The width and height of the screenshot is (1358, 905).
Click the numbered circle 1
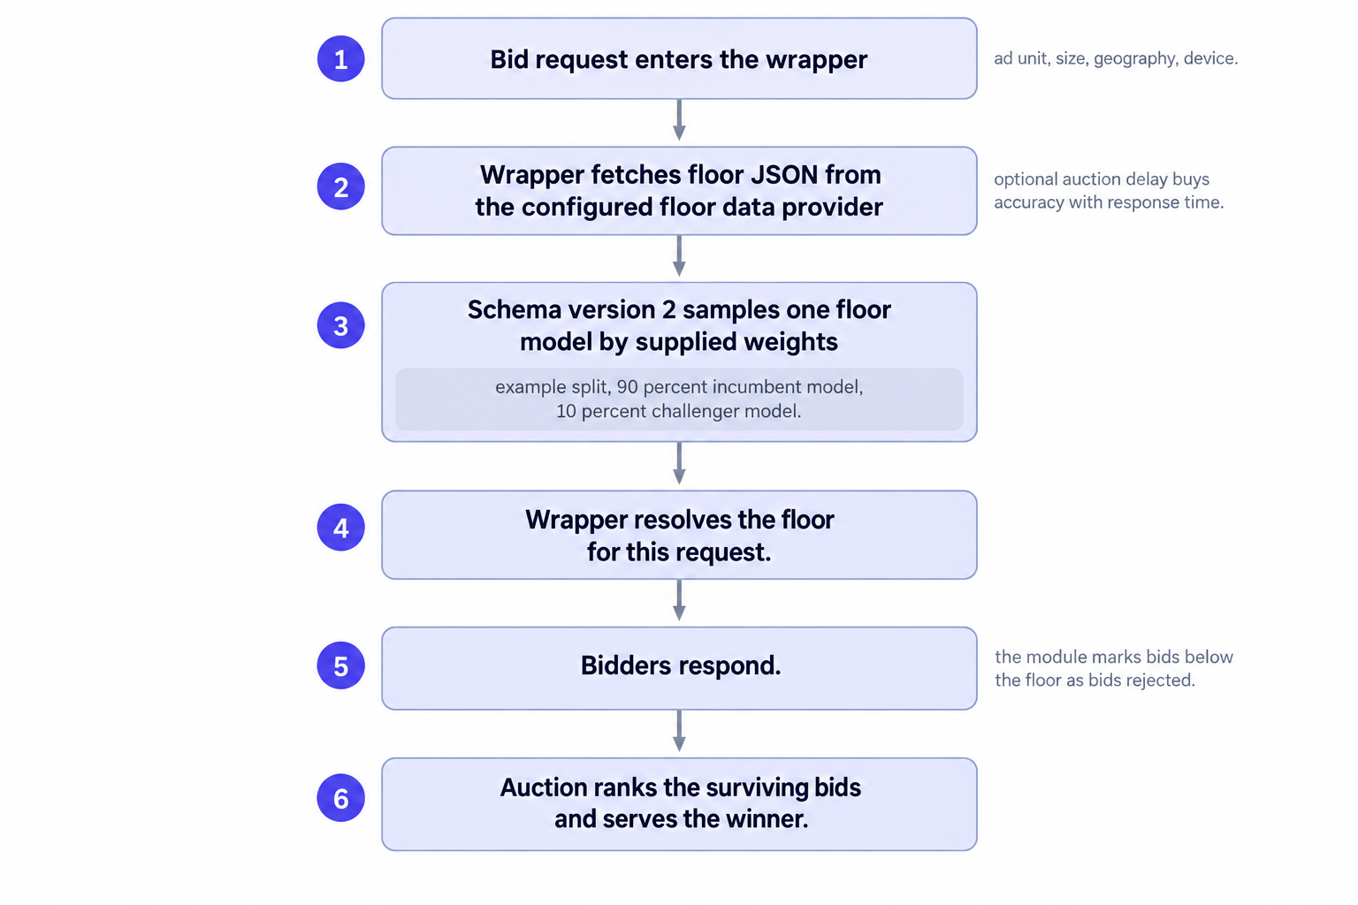(x=340, y=59)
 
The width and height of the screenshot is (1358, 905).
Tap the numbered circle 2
(x=340, y=186)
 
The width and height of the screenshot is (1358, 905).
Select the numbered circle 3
(x=340, y=325)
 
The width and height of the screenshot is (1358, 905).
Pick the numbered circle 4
(x=340, y=528)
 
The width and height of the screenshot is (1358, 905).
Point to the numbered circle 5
(x=340, y=665)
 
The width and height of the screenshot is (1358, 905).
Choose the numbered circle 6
(x=340, y=798)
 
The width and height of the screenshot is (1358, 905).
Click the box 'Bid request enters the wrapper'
(x=679, y=59)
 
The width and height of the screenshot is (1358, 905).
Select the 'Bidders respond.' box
(x=679, y=669)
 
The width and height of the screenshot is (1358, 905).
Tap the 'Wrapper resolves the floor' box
(x=679, y=536)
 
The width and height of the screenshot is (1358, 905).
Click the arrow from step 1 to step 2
(x=679, y=120)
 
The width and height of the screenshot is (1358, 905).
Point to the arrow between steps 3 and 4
(x=679, y=463)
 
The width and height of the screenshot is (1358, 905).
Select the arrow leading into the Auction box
(x=679, y=731)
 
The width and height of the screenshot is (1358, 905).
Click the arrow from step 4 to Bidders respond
(x=679, y=600)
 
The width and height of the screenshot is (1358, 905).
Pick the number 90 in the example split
(x=628, y=387)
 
